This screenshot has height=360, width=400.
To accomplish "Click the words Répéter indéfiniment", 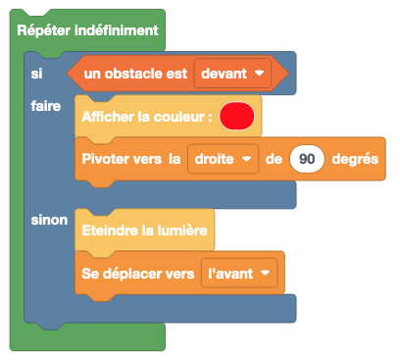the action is pos(88,30).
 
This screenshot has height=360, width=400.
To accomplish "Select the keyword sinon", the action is pos(49,220).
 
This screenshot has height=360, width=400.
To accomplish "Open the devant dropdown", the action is pos(232,73).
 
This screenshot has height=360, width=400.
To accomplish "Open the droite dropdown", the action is pos(223,158).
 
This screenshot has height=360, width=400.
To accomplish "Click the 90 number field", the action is pos(307,158).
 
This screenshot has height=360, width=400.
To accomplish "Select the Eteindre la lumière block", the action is pos(144,231).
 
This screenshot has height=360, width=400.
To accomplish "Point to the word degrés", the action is pos(357,158).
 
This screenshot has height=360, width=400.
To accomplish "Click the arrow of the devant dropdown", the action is pos(259,73).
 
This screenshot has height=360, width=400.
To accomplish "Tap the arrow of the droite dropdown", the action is pos(246,158).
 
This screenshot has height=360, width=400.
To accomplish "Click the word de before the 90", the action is pos(274,158).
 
